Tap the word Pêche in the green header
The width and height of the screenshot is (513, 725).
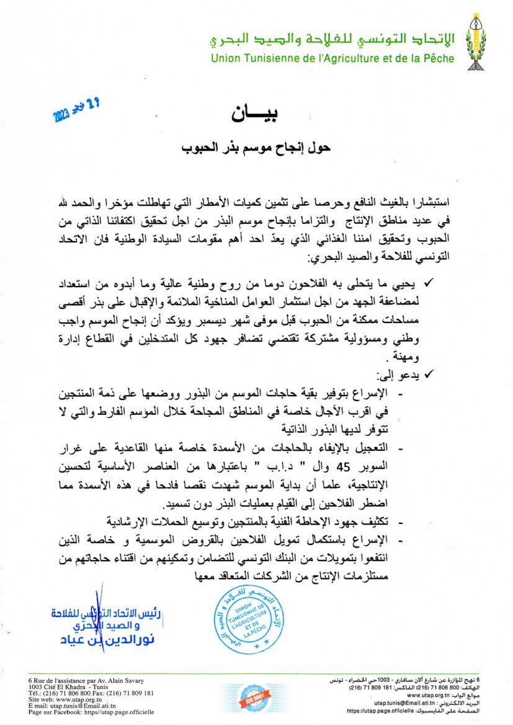pyautogui.click(x=439, y=59)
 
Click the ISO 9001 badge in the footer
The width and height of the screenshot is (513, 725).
pyautogui.click(x=255, y=698)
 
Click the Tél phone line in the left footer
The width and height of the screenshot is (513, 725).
pyautogui.click(x=91, y=693)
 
